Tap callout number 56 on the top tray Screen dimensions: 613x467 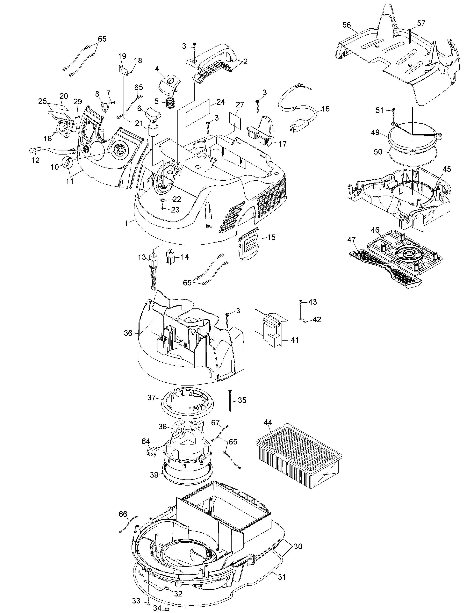pos(347,25)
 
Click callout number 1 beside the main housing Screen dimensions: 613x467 pos(126,223)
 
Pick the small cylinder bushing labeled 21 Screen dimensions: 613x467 pos(152,131)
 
